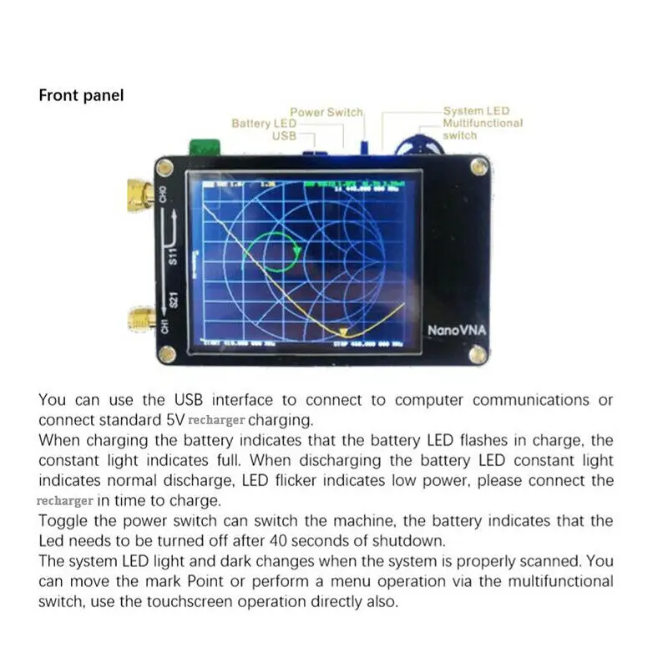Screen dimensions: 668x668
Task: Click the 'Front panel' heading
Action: click(x=81, y=95)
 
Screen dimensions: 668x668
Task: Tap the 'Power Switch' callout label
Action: click(x=326, y=112)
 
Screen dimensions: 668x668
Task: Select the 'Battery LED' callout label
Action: click(x=264, y=124)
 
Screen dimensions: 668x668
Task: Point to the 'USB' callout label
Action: click(x=285, y=135)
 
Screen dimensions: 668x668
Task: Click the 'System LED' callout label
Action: click(x=476, y=111)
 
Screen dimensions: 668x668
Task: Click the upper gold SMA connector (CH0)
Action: click(x=139, y=194)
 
